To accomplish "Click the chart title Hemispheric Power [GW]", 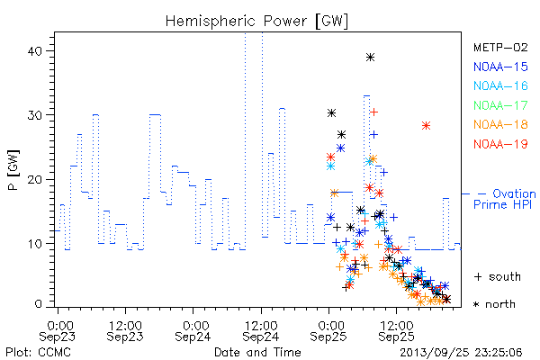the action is (256, 22).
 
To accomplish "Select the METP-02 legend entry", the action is (500, 47).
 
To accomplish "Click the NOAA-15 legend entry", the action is (500, 67).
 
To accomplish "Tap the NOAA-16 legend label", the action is (500, 85).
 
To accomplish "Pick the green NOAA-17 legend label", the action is (500, 105).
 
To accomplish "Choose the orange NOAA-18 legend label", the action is (500, 124).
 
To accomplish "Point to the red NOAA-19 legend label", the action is (500, 144).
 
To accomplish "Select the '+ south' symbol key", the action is (498, 276).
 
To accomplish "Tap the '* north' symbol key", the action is (494, 304).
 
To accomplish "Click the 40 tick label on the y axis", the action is (34, 51).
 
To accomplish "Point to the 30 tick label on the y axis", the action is (34, 115).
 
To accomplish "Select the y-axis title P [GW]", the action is (13, 170).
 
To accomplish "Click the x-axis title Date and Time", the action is (257, 352).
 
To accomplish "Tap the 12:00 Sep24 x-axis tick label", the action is (261, 331).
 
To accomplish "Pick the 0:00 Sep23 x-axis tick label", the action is (58, 331).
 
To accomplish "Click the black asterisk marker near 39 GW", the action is (370, 58).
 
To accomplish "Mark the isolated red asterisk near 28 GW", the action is (426, 126).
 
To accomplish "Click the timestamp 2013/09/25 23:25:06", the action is (461, 353).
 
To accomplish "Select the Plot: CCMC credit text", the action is (38, 353).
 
